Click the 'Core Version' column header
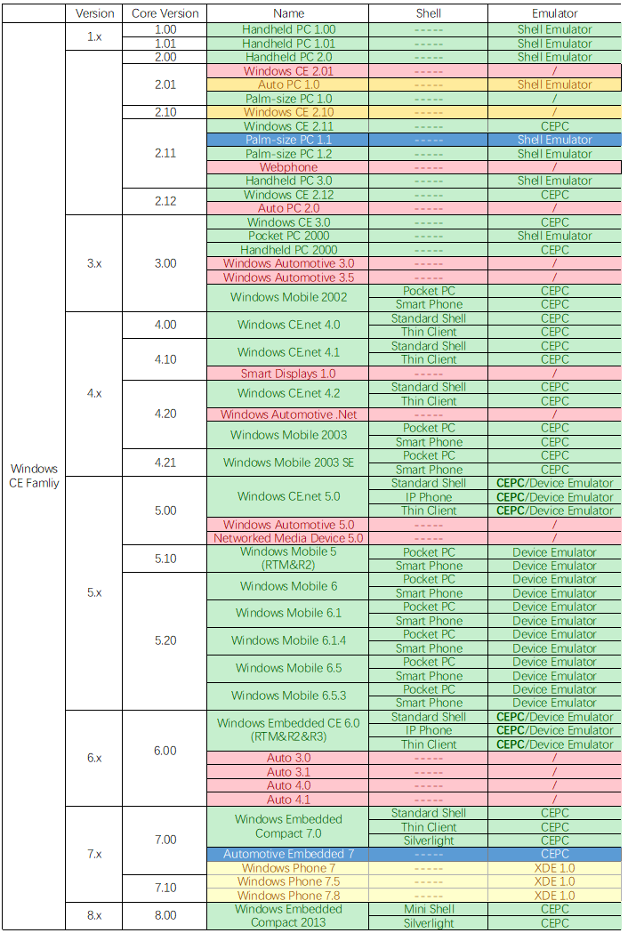click(165, 13)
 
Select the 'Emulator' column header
click(554, 13)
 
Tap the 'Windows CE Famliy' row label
click(35, 476)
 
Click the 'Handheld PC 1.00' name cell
click(288, 29)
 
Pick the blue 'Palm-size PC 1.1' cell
click(288, 140)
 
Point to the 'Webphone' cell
click(288, 167)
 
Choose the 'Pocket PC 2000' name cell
click(288, 236)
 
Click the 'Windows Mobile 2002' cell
click(288, 297)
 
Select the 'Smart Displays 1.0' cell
click(288, 374)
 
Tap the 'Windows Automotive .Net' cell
click(288, 414)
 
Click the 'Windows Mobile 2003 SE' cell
click(288, 462)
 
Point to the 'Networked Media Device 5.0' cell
click(288, 538)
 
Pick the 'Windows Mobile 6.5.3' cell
click(288, 696)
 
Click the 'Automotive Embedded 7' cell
click(288, 854)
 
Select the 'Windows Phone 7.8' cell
click(288, 896)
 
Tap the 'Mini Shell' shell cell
click(429, 909)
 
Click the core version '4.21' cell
click(165, 462)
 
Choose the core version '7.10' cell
click(165, 889)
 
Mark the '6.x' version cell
click(94, 758)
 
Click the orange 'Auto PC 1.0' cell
click(288, 84)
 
